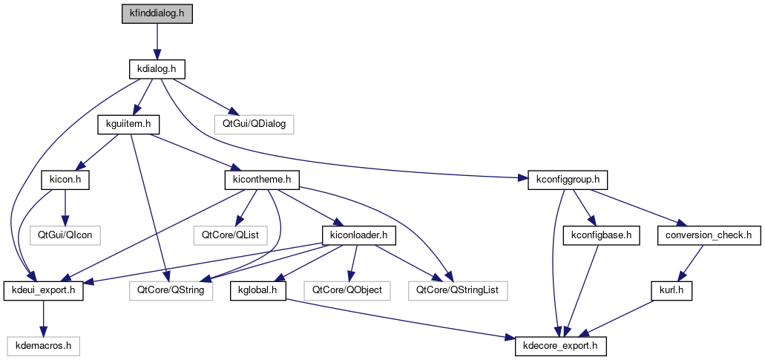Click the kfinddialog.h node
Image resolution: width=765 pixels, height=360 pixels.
click(157, 14)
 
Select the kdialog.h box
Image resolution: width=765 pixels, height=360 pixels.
click(156, 69)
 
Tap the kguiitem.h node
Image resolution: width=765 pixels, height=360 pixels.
click(124, 124)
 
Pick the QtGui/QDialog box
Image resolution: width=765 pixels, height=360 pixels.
click(254, 124)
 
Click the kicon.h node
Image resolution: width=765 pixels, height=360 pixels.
click(65, 180)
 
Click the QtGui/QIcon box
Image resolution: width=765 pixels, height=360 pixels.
click(65, 235)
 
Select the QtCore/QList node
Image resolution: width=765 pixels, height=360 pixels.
click(235, 235)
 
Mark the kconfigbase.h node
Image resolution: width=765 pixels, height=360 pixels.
click(601, 235)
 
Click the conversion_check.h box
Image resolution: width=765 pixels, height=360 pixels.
click(709, 235)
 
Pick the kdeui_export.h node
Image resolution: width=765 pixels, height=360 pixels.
click(44, 290)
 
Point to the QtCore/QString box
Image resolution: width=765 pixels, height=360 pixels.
click(171, 290)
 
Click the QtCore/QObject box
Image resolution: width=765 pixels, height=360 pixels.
click(347, 290)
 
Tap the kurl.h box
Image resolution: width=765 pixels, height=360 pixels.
click(672, 290)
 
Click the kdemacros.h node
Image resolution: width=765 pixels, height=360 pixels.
click(44, 345)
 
